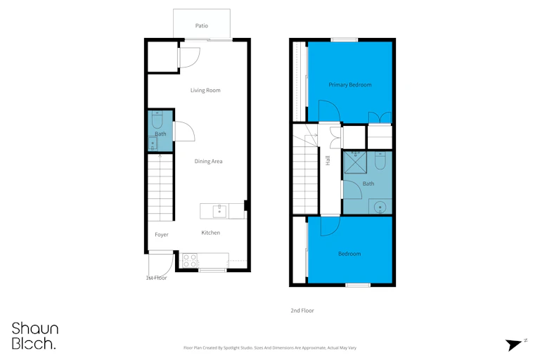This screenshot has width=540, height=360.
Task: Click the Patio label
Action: (x=202, y=25)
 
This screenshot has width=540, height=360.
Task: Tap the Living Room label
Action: (x=205, y=90)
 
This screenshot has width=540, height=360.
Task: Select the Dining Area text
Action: (x=208, y=161)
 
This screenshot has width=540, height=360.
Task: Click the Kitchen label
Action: (x=210, y=233)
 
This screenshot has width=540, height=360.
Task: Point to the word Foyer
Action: (x=162, y=235)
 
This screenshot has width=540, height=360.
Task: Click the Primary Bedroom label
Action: (x=350, y=85)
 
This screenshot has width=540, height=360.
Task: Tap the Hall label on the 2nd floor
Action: (x=328, y=160)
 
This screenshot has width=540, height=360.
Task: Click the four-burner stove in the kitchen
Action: (x=190, y=260)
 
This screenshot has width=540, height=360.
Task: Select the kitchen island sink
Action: (x=219, y=211)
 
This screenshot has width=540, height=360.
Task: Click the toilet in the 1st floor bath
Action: (x=157, y=120)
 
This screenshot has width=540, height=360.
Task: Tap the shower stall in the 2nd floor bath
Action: (x=355, y=162)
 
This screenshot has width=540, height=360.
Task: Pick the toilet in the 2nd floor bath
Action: (x=380, y=160)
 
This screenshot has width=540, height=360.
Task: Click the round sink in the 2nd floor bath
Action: (x=380, y=207)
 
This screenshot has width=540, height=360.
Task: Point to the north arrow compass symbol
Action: (x=513, y=344)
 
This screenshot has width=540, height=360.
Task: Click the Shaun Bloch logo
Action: (x=34, y=336)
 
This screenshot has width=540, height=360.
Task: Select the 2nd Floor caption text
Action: (x=302, y=310)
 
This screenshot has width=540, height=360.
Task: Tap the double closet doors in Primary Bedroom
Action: (x=380, y=117)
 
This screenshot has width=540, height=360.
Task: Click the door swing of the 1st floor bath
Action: (x=184, y=131)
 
